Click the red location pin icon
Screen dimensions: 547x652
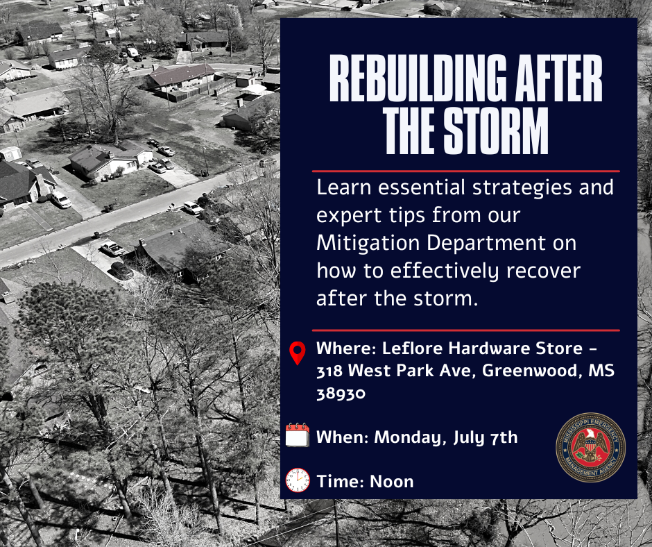298,353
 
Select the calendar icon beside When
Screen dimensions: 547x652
298,436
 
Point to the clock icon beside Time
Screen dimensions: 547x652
298,480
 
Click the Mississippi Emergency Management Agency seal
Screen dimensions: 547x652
591,447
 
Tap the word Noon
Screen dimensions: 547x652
392,481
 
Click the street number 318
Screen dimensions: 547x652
329,371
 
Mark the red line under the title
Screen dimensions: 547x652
465,171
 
